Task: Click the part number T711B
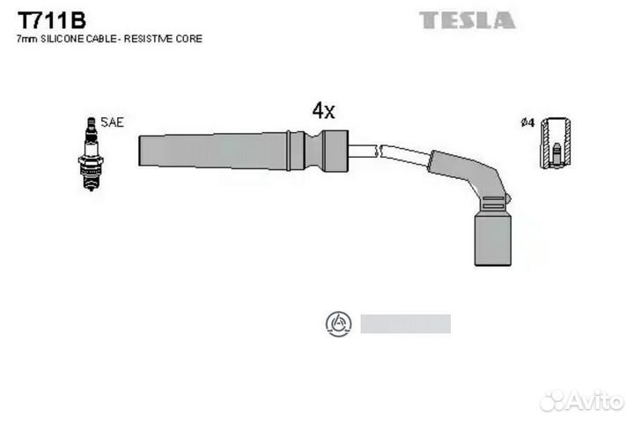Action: (51, 20)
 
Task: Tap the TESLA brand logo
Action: (467, 20)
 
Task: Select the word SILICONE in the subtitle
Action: (63, 39)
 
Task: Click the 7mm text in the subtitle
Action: (27, 39)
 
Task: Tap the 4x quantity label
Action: (323, 110)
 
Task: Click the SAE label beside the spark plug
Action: (112, 122)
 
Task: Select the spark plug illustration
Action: (91, 154)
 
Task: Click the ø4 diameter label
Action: (527, 122)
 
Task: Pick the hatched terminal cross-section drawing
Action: (556, 143)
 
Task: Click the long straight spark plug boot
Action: (243, 151)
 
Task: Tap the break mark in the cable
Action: (379, 151)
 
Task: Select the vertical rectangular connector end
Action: (492, 241)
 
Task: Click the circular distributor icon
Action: (338, 323)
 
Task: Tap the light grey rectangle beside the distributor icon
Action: (406, 323)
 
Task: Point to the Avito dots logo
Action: (552, 400)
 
